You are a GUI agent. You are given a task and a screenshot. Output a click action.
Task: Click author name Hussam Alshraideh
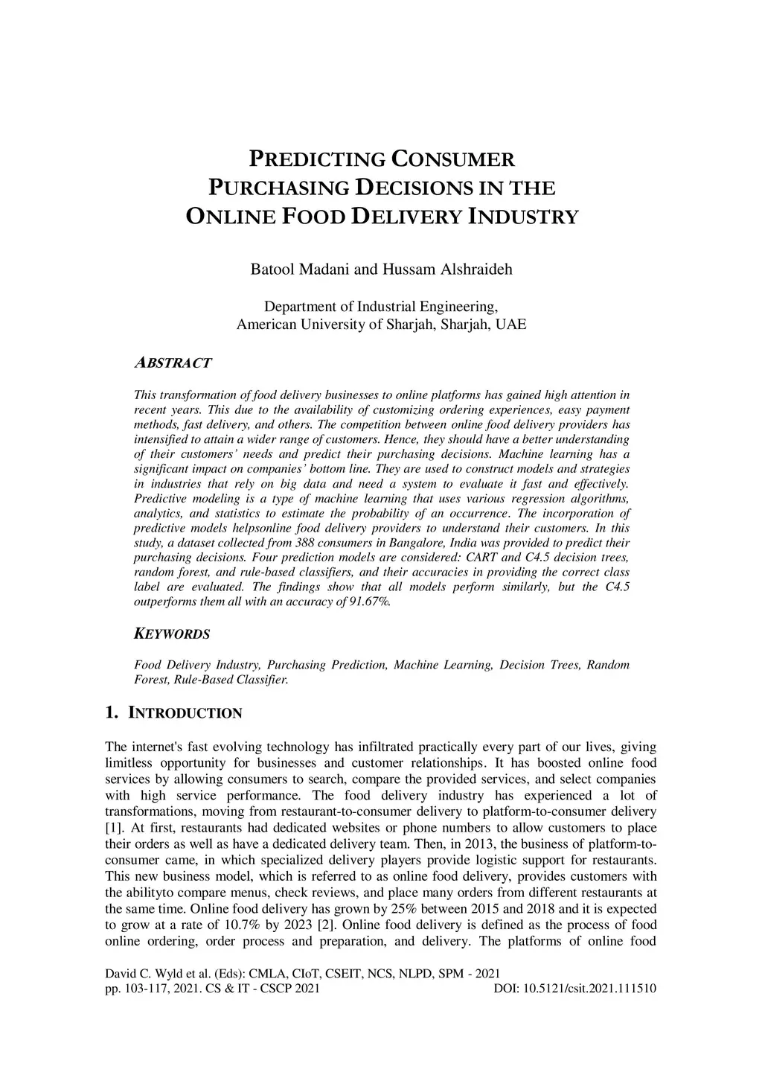tap(447, 269)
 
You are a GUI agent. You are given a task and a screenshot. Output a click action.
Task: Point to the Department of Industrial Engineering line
tap(381, 307)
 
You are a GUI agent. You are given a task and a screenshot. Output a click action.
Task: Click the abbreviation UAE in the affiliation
tap(511, 325)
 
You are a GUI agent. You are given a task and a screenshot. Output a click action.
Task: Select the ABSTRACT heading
tap(173, 363)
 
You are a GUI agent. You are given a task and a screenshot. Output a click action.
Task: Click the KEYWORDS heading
tap(172, 634)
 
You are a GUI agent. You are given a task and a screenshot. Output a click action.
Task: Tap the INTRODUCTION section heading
tap(185, 713)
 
